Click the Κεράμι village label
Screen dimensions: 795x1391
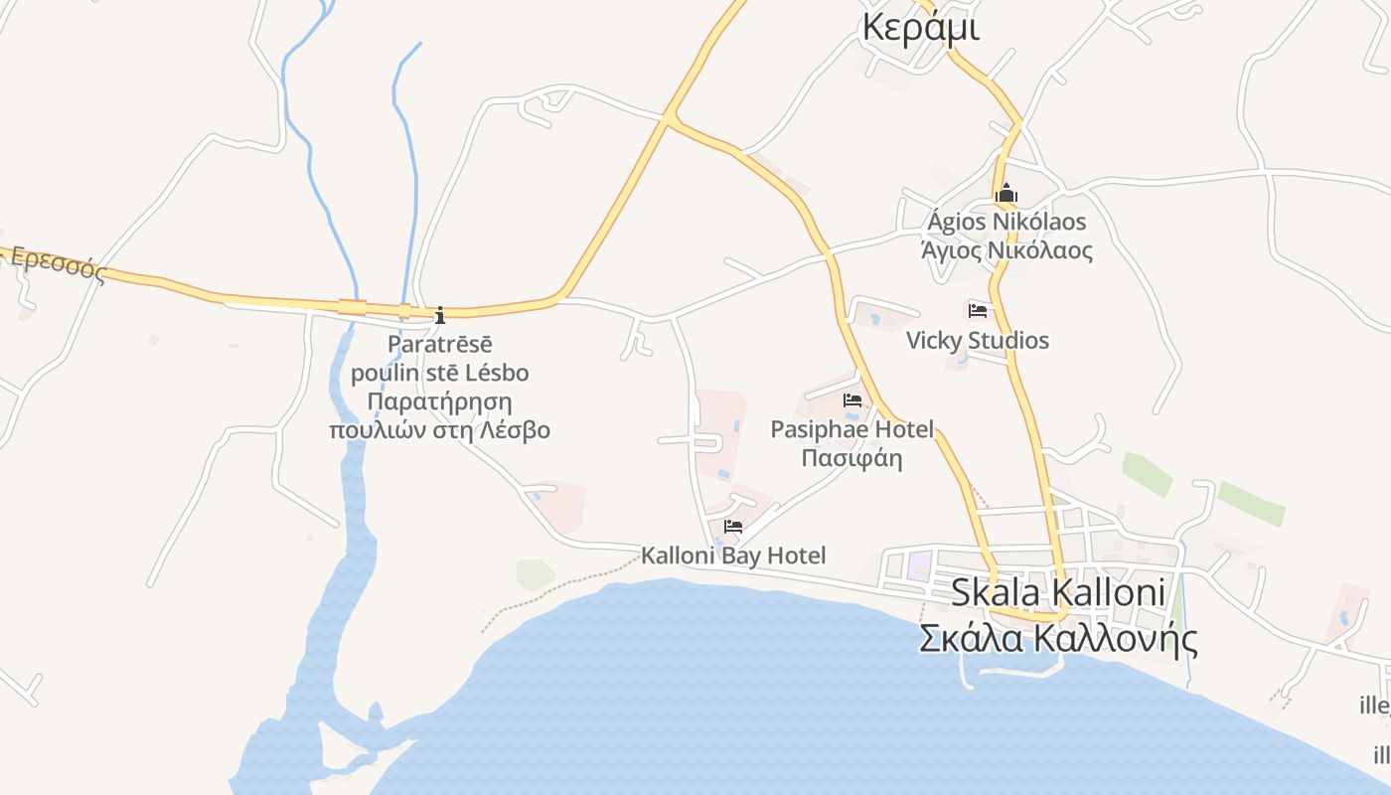coord(921,28)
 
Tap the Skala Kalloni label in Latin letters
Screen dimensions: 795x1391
coord(1057,592)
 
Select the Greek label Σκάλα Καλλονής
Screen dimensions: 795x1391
coord(1057,638)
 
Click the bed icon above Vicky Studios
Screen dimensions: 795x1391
coord(978,310)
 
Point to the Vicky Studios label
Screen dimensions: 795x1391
coord(977,341)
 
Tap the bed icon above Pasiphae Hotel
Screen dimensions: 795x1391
coord(852,400)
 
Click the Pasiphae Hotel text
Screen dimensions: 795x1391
coord(852,429)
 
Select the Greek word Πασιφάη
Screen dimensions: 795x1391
coord(851,458)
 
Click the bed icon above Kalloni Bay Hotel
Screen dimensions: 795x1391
coord(733,526)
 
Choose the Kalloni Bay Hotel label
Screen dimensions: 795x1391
coord(733,556)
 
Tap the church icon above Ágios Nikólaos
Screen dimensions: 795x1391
coord(1006,192)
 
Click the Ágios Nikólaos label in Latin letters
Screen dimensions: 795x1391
coord(1006,222)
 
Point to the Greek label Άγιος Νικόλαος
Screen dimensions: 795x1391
coord(1006,250)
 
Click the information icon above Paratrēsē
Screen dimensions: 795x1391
coord(440,316)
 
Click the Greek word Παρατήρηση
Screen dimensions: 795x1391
coord(439,401)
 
